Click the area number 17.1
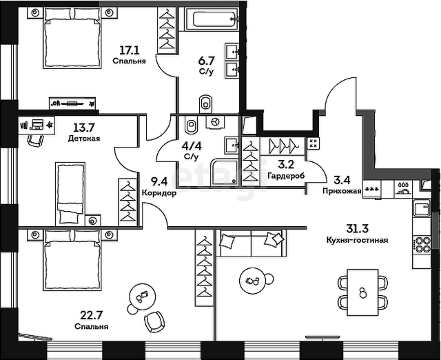(129, 50)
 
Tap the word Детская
(84, 139)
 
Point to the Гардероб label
(286, 176)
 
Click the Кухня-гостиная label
(357, 240)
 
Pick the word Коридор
(159, 193)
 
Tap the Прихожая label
(342, 192)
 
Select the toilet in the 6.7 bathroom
(206, 103)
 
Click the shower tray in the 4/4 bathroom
(225, 172)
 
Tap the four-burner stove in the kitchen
(422, 245)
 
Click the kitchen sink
(422, 208)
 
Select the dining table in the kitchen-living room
(362, 292)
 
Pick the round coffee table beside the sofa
(252, 281)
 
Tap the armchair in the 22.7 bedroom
(154, 321)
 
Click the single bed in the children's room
(70, 194)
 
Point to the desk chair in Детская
(36, 140)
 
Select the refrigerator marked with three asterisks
(371, 189)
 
